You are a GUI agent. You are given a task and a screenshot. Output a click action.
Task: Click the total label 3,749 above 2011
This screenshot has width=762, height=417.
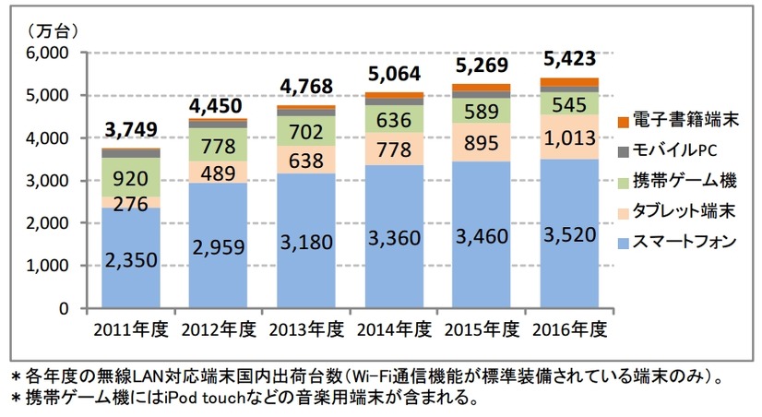pyautogui.click(x=131, y=128)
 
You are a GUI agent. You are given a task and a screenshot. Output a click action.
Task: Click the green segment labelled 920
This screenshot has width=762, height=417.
pyautogui.click(x=130, y=177)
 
